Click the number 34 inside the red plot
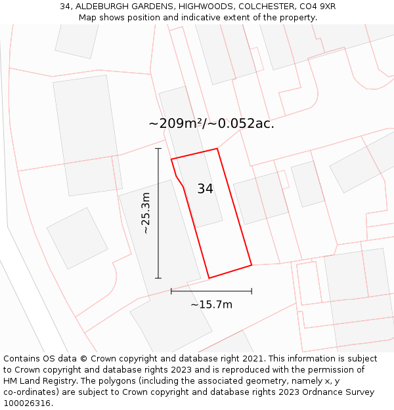[205, 189]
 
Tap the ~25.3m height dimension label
[146, 213]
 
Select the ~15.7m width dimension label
[211, 304]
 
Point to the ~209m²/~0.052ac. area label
[211, 123]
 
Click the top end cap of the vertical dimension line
[158, 149]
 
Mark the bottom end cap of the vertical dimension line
[158, 278]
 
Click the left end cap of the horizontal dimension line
[171, 291]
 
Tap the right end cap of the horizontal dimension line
[252, 291]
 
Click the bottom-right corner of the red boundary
[252, 265]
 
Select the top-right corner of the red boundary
[217, 148]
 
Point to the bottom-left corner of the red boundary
[209, 278]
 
